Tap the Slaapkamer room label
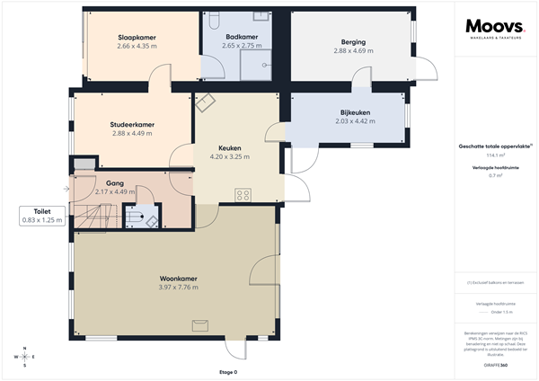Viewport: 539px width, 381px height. [137, 38]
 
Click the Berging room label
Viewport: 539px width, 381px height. [353, 41]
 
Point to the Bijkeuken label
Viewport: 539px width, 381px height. [353, 112]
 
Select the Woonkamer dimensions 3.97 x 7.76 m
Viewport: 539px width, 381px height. [178, 287]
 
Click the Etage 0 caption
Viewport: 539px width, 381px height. [228, 371]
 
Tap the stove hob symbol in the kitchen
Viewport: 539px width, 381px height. [243, 194]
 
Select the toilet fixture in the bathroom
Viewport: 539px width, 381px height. [216, 17]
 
